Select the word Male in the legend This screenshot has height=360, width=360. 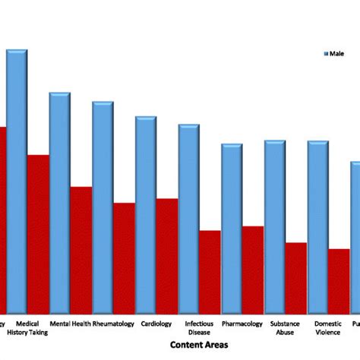337,53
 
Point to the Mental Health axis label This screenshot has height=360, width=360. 71,324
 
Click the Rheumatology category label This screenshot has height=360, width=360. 114,324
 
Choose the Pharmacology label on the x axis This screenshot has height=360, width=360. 242,324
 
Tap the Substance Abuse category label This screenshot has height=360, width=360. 285,327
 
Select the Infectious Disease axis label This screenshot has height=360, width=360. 199,327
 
